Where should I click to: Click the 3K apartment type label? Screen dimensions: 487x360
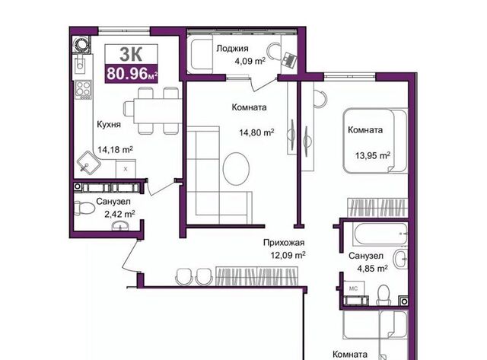(x=131, y=54)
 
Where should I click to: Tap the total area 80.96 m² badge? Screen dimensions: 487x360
(x=132, y=73)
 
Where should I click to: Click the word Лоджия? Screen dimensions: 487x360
(x=232, y=49)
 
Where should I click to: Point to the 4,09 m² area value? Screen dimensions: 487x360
(x=250, y=61)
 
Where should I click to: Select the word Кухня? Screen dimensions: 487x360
(x=109, y=125)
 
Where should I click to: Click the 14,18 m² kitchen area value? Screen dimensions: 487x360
(x=115, y=150)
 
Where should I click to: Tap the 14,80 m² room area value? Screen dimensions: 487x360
(x=256, y=132)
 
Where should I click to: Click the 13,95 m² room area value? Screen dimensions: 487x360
(x=373, y=155)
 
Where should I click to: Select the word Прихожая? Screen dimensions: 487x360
(x=284, y=242)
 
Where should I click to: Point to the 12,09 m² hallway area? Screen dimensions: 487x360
(x=288, y=255)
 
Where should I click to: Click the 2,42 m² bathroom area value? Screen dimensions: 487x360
(x=119, y=214)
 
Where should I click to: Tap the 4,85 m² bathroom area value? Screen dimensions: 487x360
(x=372, y=268)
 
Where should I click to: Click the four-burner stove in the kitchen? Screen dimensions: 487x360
(x=84, y=89)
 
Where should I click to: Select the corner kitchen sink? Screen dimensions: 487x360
(x=88, y=162)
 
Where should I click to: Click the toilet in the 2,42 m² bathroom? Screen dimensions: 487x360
(x=84, y=208)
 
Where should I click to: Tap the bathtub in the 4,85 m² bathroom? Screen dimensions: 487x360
(x=380, y=234)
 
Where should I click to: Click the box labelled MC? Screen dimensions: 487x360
(x=353, y=288)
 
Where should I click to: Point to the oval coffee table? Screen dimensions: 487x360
(x=236, y=169)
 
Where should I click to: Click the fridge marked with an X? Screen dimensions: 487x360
(x=126, y=169)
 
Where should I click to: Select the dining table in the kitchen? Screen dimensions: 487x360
(x=158, y=111)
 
